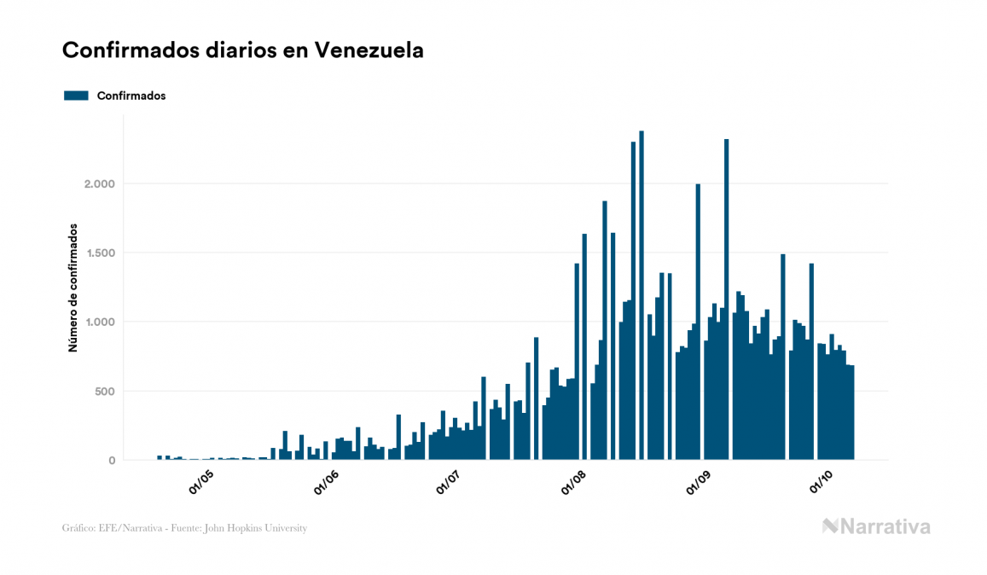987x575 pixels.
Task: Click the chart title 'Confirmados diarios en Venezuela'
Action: click(242, 50)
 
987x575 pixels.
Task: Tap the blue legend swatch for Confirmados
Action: click(76, 96)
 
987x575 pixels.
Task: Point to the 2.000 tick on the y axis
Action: click(99, 183)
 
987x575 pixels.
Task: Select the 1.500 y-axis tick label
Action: click(99, 253)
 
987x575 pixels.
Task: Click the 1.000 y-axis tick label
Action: click(99, 322)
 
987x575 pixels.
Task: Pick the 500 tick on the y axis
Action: click(104, 392)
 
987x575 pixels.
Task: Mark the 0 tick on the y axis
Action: click(112, 461)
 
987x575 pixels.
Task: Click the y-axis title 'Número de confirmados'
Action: click(73, 287)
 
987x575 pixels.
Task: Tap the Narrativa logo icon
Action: click(830, 526)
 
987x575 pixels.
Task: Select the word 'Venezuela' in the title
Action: click(369, 50)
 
